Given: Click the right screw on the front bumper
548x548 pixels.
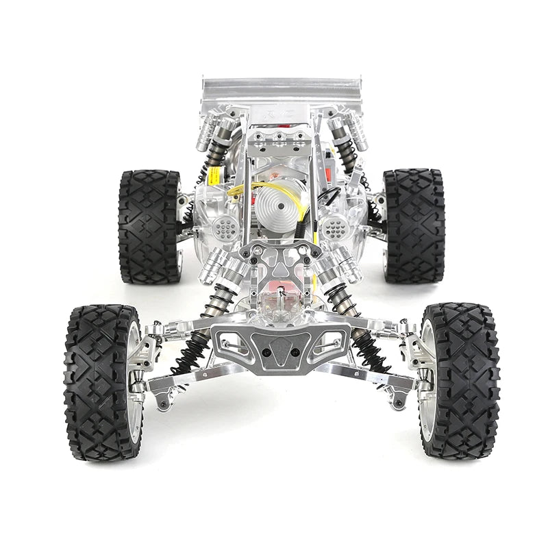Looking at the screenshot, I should (x=296, y=351).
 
